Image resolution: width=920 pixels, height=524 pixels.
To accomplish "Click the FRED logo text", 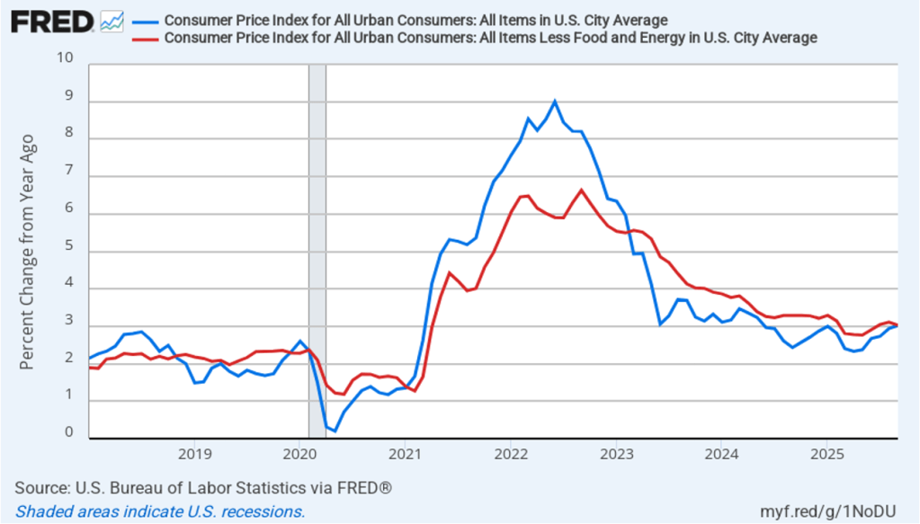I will (x=51, y=22).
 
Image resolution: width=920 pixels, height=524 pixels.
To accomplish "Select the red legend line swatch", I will (x=144, y=38).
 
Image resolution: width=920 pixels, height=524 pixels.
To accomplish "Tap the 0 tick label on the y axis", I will (x=68, y=433).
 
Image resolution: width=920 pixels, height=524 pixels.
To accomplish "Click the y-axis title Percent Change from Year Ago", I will (x=28, y=252).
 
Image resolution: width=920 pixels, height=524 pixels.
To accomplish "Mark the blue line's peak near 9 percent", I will (x=555, y=102).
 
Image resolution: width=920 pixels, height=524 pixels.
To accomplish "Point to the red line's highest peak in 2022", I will (x=581, y=191).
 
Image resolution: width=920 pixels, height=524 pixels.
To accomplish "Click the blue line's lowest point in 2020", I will (x=335, y=431).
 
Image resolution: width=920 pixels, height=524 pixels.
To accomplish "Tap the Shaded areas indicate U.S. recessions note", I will (x=160, y=511).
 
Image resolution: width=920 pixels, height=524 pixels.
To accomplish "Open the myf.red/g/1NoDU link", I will (x=834, y=511).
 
